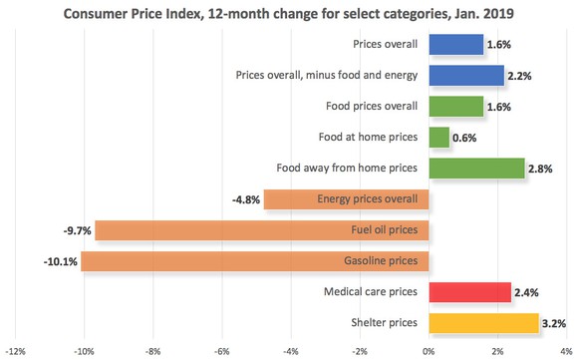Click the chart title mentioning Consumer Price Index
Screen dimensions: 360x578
click(x=288, y=13)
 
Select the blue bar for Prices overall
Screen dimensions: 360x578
click(x=455, y=45)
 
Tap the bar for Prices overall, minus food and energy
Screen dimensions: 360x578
click(x=466, y=76)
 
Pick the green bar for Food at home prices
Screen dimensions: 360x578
click(x=438, y=138)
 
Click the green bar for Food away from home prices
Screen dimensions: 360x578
click(x=476, y=169)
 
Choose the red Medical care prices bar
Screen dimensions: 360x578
click(x=469, y=292)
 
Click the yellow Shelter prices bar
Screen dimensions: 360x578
click(x=483, y=323)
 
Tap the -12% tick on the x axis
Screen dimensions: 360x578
click(x=15, y=351)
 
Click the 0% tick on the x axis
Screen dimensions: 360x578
click(x=429, y=351)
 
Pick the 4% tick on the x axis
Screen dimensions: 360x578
click(x=565, y=351)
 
